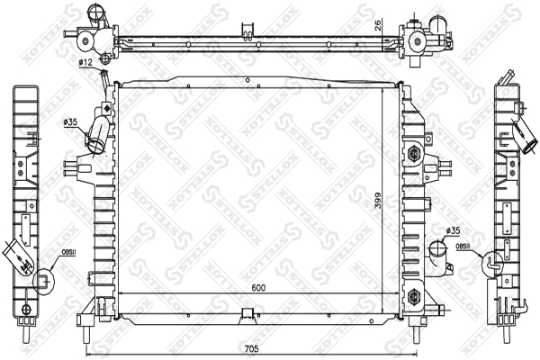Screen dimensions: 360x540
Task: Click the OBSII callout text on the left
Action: [x=67, y=254]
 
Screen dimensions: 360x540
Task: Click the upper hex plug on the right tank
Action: [x=413, y=153]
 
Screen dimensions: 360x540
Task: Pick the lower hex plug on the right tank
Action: [x=413, y=294]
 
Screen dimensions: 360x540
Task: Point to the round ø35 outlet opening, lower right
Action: [x=435, y=249]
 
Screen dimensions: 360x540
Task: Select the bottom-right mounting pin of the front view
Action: [x=417, y=335]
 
